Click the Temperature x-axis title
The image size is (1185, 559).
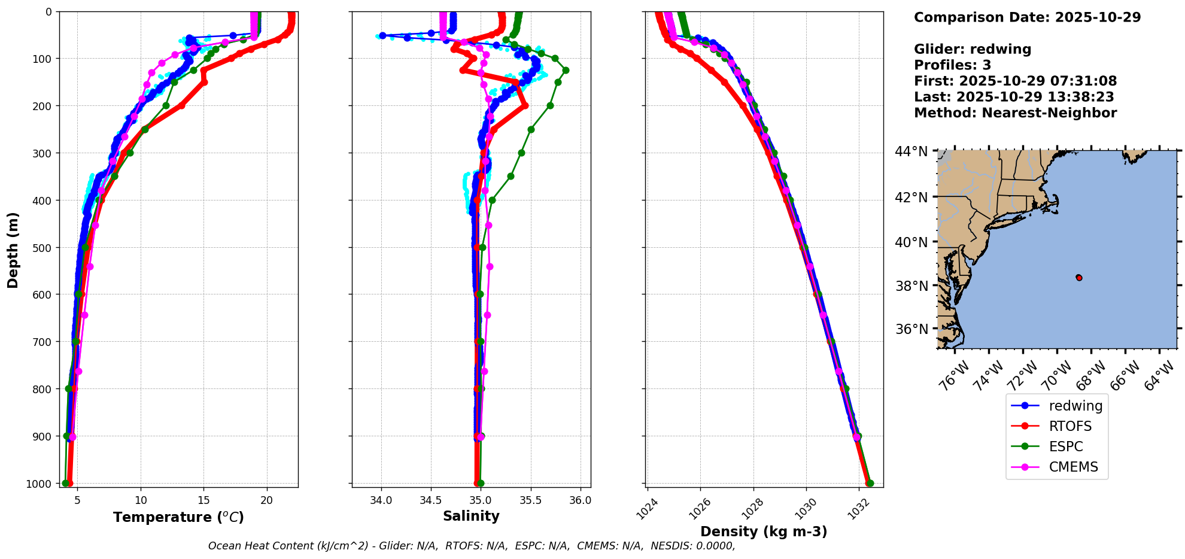click(178, 517)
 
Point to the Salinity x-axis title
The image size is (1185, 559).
click(471, 516)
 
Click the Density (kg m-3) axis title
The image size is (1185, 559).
click(764, 531)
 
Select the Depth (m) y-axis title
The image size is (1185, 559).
click(13, 250)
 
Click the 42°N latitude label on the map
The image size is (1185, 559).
click(911, 198)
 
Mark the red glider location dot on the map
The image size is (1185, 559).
click(1078, 277)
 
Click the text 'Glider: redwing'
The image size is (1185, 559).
click(973, 49)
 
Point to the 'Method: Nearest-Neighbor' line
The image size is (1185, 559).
click(1015, 113)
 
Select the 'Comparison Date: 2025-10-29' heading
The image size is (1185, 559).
click(1027, 17)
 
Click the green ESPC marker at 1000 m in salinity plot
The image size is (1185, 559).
click(481, 483)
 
